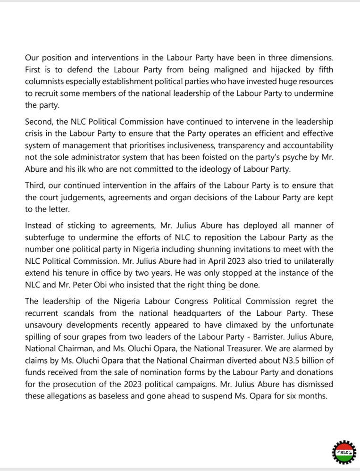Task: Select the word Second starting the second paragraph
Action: click(x=39, y=122)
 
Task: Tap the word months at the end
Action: click(x=311, y=396)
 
